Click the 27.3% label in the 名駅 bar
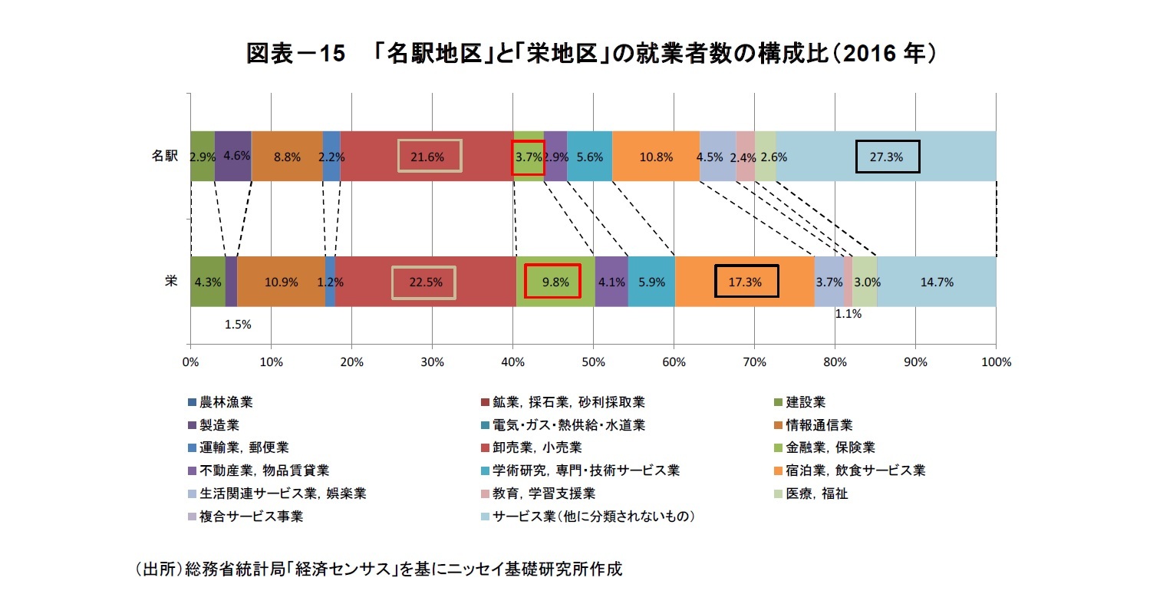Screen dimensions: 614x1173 (886, 157)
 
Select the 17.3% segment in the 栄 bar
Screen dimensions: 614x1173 (745, 282)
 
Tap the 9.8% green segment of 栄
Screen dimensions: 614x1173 (555, 282)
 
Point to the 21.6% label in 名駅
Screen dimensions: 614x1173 (427, 157)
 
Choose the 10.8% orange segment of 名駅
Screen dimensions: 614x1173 (656, 157)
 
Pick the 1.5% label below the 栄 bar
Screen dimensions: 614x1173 (238, 325)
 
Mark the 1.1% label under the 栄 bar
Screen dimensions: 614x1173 (848, 314)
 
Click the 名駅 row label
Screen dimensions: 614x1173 (165, 156)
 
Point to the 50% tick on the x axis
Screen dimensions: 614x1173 (593, 362)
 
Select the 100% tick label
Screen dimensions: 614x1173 (996, 362)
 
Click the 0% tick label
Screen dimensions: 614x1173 (190, 362)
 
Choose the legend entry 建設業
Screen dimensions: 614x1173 (806, 402)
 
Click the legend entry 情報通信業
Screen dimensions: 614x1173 (819, 425)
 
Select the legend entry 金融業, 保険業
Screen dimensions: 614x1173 (830, 447)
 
